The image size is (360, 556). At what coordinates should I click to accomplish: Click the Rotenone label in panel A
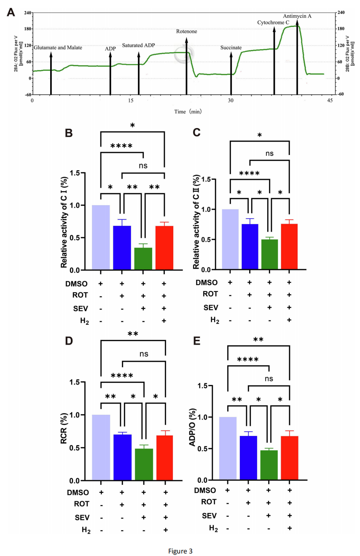pyautogui.click(x=186, y=32)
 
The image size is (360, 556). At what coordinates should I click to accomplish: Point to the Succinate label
pyautogui.click(x=231, y=48)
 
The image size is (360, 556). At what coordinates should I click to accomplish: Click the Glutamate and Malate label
pyautogui.click(x=58, y=48)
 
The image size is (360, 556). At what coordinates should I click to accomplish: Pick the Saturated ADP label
pyautogui.click(x=139, y=45)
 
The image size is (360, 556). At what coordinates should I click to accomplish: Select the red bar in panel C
pyautogui.click(x=289, y=246)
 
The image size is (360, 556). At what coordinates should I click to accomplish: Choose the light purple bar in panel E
pyautogui.click(x=227, y=449)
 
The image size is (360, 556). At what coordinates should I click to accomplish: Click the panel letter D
pyautogui.click(x=69, y=340)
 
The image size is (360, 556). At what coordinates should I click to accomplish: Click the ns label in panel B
pyautogui.click(x=143, y=166)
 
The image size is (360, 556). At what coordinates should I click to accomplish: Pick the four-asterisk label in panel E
pyautogui.click(x=248, y=360)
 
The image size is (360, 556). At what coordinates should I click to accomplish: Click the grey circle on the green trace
pyautogui.click(x=184, y=54)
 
